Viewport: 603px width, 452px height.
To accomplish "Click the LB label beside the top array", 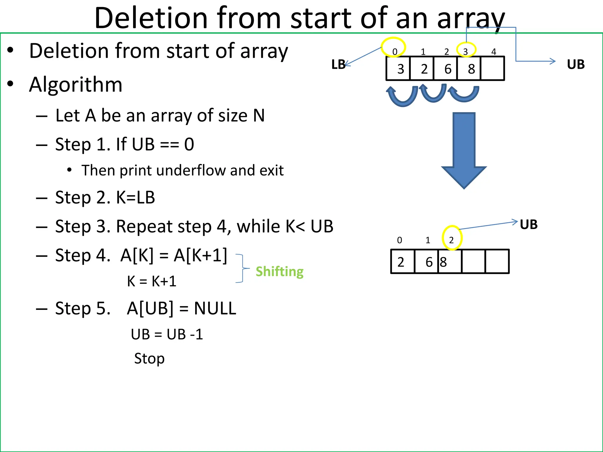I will pyautogui.click(x=338, y=64).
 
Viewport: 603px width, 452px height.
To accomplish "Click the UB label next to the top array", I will pyautogui.click(x=575, y=64).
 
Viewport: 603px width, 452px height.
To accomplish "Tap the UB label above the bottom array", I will pyautogui.click(x=529, y=225).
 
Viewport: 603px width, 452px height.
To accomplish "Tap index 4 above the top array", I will pyautogui.click(x=494, y=52).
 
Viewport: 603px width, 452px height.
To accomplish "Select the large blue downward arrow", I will pyautogui.click(x=464, y=150).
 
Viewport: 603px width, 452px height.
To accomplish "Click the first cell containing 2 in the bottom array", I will pyautogui.click(x=402, y=262).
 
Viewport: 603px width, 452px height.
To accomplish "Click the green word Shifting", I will pyautogui.click(x=279, y=271).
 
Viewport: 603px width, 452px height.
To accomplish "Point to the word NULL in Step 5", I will pyautogui.click(x=215, y=308).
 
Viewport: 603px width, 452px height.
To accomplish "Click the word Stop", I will pyautogui.click(x=149, y=359).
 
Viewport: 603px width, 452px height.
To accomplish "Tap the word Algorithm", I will pyautogui.click(x=76, y=84).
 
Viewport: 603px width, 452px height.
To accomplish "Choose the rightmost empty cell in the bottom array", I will pyautogui.click(x=497, y=262).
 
